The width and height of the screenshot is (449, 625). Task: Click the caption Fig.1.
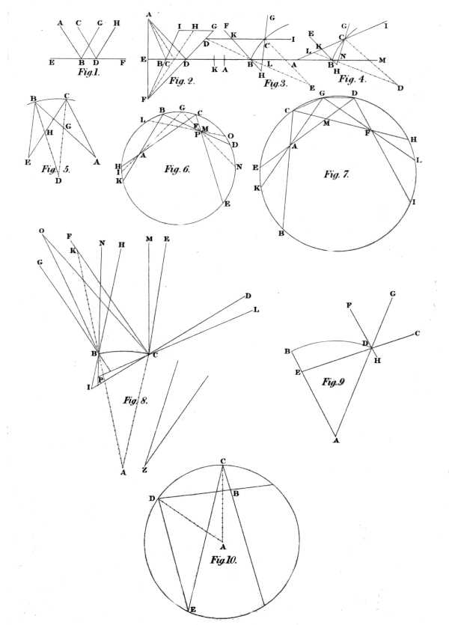click(89, 72)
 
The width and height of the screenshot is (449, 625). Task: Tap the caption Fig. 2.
click(182, 81)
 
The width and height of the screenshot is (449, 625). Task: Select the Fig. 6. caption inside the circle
click(177, 169)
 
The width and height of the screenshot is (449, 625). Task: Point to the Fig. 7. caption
click(337, 174)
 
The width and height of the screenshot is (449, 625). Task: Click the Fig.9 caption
click(333, 382)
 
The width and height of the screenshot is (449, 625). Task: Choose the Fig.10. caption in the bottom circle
click(224, 560)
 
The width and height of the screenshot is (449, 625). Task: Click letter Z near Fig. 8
click(145, 470)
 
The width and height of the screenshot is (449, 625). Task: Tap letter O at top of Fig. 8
click(41, 231)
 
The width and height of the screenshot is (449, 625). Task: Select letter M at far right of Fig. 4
click(382, 60)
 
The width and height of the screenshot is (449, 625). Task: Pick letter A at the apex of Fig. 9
click(336, 440)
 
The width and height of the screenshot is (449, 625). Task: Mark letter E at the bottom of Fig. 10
click(193, 610)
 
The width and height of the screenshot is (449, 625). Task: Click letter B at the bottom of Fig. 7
click(281, 234)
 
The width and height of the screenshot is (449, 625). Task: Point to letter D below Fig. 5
click(58, 181)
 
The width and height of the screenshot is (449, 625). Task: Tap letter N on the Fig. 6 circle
click(239, 167)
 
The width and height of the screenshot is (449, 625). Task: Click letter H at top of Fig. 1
click(116, 23)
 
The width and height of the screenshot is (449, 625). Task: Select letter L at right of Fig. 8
click(256, 310)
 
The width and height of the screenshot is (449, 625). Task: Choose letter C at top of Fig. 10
click(223, 461)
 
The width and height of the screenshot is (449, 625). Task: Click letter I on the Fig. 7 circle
click(414, 202)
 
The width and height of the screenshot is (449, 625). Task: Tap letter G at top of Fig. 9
click(392, 293)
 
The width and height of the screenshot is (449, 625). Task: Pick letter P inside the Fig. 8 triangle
click(101, 379)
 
